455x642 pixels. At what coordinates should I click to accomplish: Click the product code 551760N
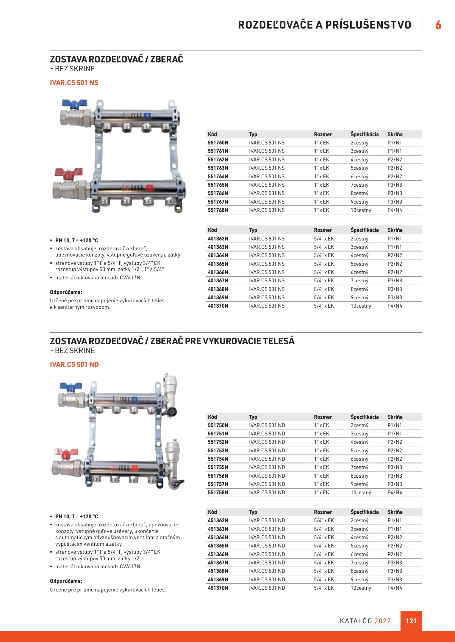[x=218, y=143]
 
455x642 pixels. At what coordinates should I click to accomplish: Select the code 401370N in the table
[x=218, y=306]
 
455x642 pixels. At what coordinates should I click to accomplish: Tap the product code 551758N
[x=218, y=492]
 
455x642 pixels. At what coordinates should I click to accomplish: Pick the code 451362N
[x=218, y=520]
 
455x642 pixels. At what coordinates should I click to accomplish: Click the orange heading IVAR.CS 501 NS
[x=74, y=83]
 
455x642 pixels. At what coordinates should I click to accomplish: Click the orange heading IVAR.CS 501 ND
[x=74, y=364]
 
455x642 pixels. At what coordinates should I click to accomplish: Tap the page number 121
[x=411, y=621]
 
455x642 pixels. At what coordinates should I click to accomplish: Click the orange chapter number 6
[x=438, y=25]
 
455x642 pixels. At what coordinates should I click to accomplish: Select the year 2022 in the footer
[x=382, y=621]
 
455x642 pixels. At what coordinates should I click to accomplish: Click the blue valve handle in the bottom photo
[x=71, y=386]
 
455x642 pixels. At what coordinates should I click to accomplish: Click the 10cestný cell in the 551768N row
[x=361, y=210]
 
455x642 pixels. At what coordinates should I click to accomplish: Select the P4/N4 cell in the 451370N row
[x=395, y=588]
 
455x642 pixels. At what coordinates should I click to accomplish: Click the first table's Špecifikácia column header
[x=365, y=134]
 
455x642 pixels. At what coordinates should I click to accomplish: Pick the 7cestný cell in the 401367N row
[x=359, y=281]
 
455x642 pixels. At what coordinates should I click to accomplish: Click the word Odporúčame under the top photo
[x=66, y=292]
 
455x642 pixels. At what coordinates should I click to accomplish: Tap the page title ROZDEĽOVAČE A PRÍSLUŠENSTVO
[x=324, y=25]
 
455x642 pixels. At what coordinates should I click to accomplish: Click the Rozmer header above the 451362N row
[x=323, y=512]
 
